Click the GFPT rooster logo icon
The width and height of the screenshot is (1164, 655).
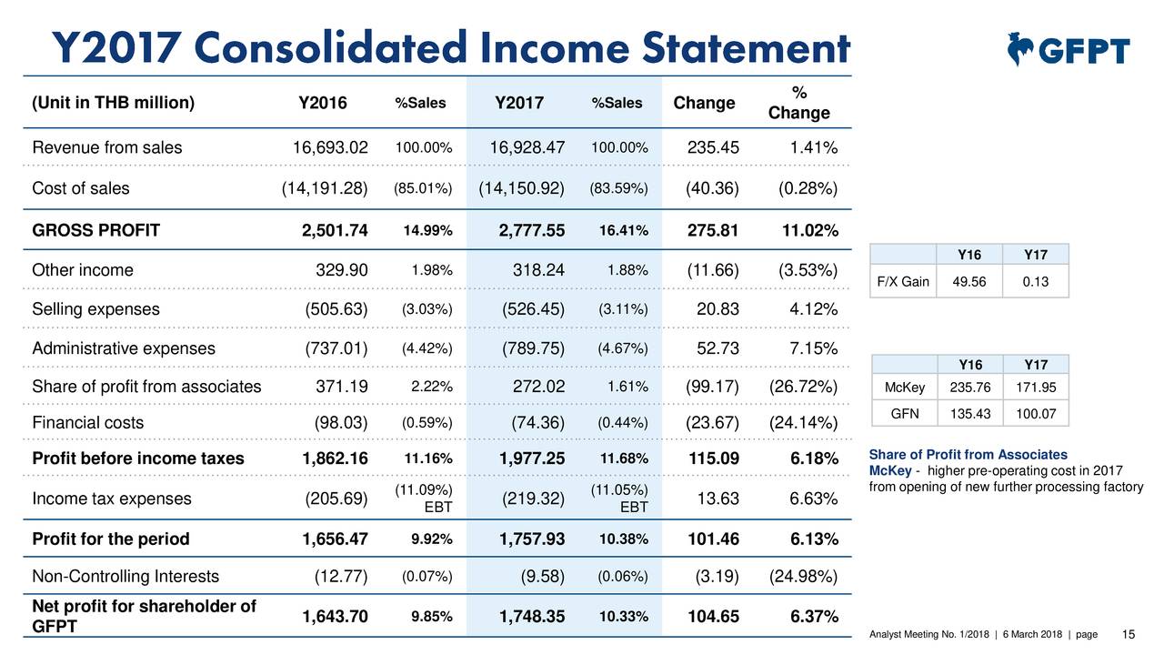[x=1022, y=49]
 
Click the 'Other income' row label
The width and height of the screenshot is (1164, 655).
[x=83, y=270]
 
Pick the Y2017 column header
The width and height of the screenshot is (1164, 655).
[x=518, y=103]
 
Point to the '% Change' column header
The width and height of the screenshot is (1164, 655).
[x=799, y=103]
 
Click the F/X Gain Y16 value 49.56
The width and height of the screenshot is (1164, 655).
[x=968, y=282]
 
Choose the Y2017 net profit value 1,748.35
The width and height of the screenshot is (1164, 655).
[x=532, y=619]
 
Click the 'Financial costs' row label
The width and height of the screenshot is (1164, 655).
[x=87, y=423]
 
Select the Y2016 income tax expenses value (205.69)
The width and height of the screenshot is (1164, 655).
[x=336, y=499]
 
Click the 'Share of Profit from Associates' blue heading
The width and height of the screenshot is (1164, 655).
[x=968, y=455]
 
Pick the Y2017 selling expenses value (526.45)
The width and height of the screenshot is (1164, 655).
[x=534, y=310]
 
